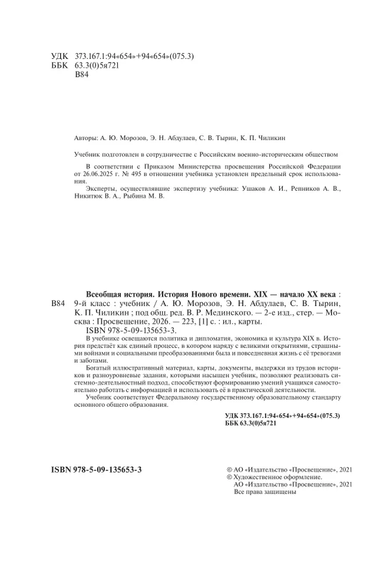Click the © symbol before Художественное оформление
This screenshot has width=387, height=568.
(223, 478)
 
